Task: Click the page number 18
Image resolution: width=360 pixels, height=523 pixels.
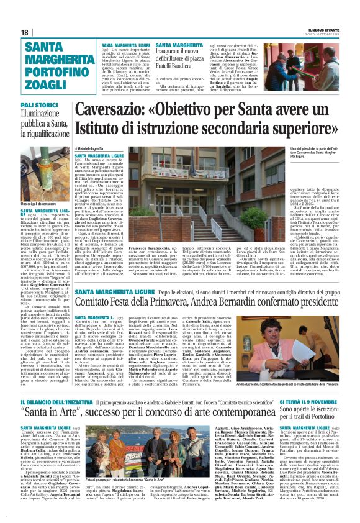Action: [x=25, y=32]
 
